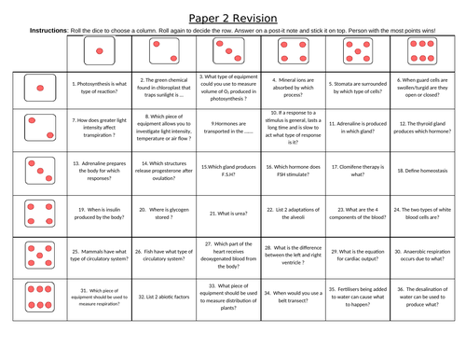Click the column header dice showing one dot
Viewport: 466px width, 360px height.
point(102,52)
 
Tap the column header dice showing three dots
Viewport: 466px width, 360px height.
point(232,52)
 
